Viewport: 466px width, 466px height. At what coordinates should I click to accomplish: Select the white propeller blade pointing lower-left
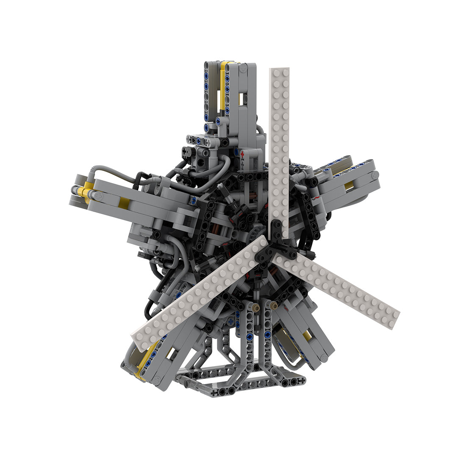pos(199,292)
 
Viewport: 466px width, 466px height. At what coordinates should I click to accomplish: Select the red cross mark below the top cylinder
pos(243,155)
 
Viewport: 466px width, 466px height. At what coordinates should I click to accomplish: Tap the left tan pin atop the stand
pos(256,305)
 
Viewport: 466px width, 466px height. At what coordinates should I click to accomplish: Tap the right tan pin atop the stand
pos(274,305)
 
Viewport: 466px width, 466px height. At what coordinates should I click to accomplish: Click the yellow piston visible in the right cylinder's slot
pos(349,185)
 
